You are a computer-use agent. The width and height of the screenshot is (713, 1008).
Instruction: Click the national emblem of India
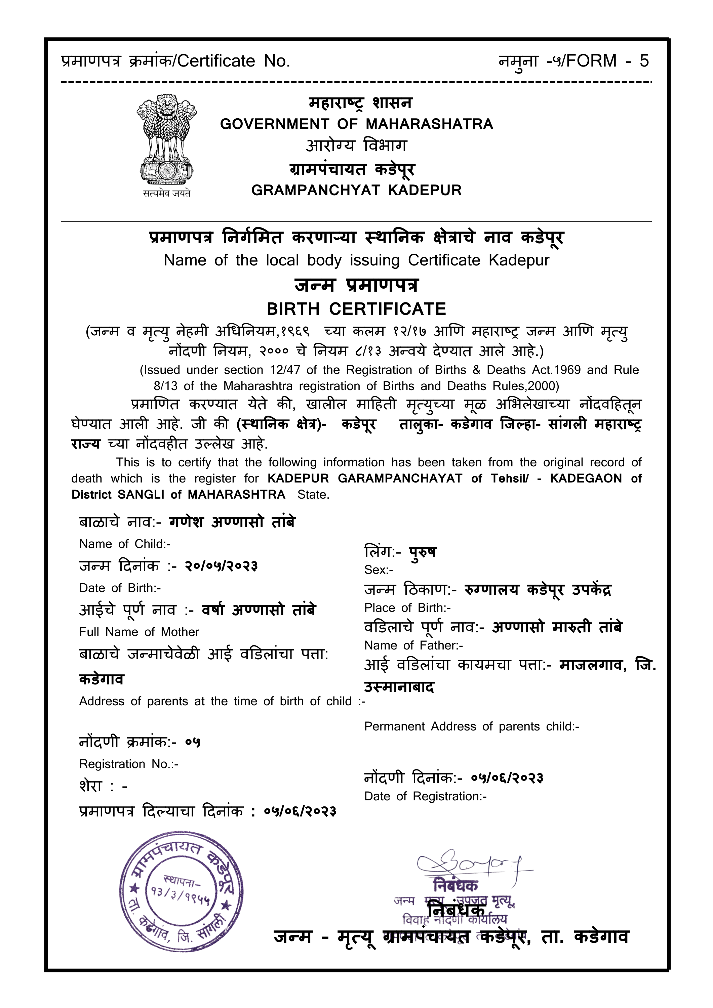pyautogui.click(x=166, y=140)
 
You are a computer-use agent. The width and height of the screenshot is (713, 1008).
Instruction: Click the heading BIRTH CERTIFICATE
pyautogui.click(x=356, y=309)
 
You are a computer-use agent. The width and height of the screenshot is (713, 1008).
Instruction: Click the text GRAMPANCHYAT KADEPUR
pyautogui.click(x=356, y=190)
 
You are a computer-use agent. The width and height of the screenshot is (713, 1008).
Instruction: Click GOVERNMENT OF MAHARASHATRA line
pyautogui.click(x=356, y=124)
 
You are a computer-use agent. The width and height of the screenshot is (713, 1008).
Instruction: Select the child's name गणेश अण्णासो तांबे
pyautogui.click(x=232, y=522)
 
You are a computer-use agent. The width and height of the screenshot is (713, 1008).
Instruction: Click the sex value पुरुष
pyautogui.click(x=422, y=552)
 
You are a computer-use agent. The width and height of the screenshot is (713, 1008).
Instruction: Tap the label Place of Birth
pyautogui.click(x=407, y=608)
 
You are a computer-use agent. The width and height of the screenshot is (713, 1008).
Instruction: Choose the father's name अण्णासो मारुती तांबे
pyautogui.click(x=557, y=627)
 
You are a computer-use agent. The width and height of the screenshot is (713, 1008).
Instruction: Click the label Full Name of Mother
pyautogui.click(x=139, y=632)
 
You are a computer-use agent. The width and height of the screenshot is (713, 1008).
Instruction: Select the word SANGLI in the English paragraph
pyautogui.click(x=142, y=495)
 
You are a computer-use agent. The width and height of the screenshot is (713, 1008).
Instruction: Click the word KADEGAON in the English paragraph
pyautogui.click(x=586, y=478)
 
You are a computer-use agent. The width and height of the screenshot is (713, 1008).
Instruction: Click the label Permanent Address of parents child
pyautogui.click(x=471, y=726)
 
